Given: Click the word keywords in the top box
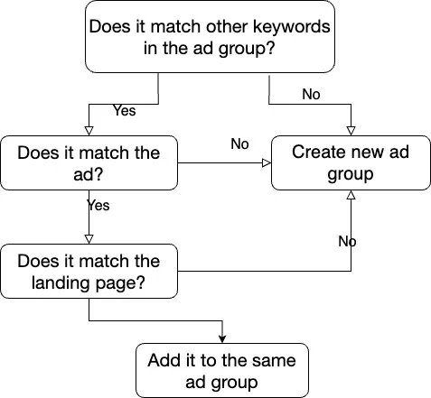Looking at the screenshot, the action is click(x=291, y=27).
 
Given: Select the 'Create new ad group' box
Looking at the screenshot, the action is click(x=351, y=162).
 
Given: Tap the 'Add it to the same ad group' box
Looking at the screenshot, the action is click(x=222, y=370).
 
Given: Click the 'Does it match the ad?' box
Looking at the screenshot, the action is click(x=89, y=162).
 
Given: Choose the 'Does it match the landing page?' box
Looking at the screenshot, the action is click(x=89, y=271).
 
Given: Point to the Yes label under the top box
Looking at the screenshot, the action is click(x=125, y=110).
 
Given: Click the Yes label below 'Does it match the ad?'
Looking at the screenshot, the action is click(x=98, y=206).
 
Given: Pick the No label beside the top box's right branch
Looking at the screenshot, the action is click(x=311, y=94).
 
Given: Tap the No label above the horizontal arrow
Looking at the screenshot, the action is click(x=239, y=143).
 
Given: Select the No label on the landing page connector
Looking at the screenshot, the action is click(x=347, y=241).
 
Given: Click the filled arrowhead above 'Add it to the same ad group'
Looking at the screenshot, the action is click(x=222, y=339).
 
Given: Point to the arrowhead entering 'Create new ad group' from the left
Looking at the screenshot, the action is click(x=267, y=162).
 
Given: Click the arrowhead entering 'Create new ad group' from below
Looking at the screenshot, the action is click(x=351, y=195).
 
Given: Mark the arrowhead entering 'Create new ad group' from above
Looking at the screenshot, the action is click(x=351, y=131).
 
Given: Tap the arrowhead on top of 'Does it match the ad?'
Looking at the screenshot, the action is click(x=89, y=131).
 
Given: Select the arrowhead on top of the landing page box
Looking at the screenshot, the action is click(x=89, y=239).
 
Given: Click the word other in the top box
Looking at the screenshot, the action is click(x=227, y=27).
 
